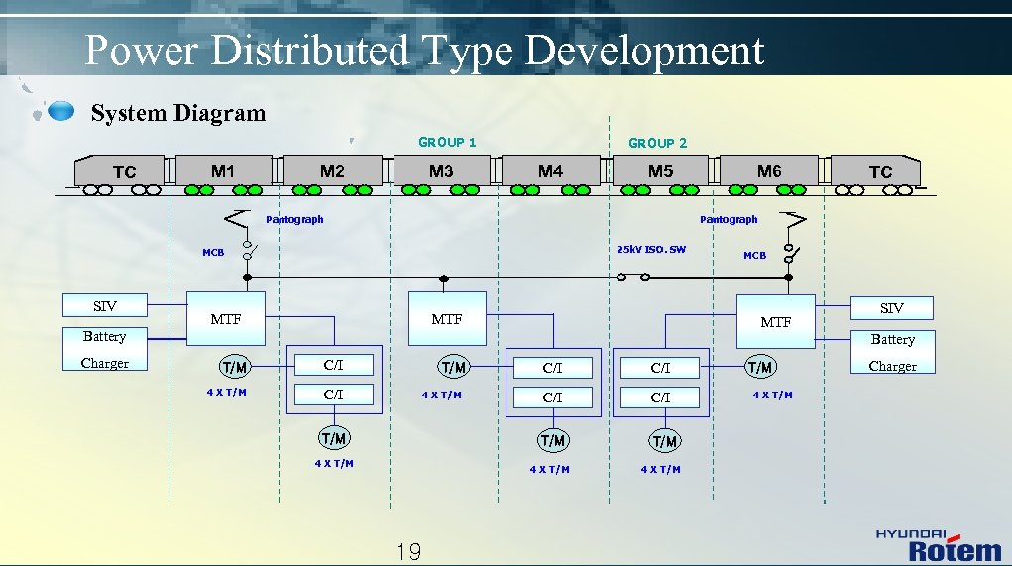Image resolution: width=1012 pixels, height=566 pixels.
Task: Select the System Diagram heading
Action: pos(178,113)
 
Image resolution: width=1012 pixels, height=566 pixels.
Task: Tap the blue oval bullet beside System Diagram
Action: pos(60,110)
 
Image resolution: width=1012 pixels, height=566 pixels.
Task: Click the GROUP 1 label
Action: pos(447,142)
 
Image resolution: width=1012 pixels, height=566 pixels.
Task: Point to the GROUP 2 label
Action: pos(657,143)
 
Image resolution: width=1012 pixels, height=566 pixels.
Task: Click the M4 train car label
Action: pos(550,171)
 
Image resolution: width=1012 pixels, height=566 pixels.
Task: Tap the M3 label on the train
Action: pos(441,171)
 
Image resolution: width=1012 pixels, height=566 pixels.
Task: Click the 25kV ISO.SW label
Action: pos(650,249)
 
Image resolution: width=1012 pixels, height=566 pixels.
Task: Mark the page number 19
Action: pos(408,552)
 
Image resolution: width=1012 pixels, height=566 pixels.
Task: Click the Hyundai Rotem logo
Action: pos(938,544)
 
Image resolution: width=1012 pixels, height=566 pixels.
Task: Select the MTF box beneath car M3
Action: pos(447,318)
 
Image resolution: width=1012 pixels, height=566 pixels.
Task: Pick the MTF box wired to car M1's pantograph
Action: pos(226,318)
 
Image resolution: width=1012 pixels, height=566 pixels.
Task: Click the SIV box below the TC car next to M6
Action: pos(892,308)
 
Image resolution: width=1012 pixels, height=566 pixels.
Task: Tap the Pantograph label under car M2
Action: pos(294,219)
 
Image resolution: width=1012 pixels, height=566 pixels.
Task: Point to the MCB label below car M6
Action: pos(754,256)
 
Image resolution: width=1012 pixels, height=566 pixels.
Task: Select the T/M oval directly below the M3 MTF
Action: pos(453,368)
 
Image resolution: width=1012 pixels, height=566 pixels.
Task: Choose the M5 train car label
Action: pos(660,171)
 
